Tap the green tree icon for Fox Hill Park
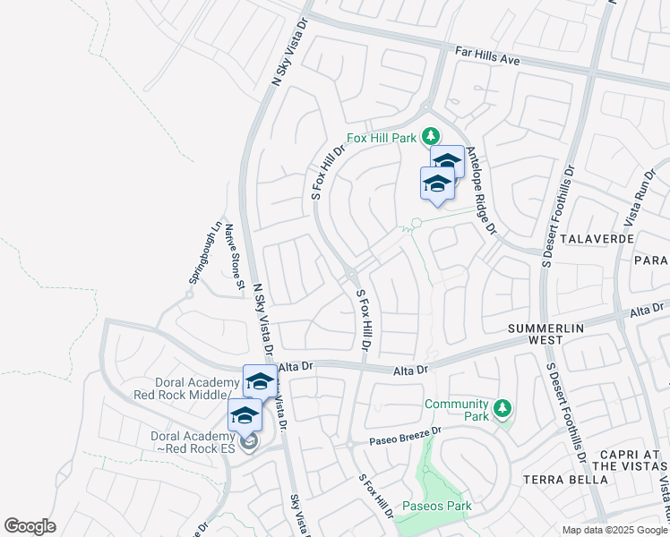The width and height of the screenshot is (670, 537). pyautogui.click(x=431, y=136)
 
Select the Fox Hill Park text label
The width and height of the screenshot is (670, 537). pyautogui.click(x=382, y=139)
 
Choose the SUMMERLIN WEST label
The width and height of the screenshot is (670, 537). pyautogui.click(x=546, y=335)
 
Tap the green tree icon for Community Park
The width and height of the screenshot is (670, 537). pyautogui.click(x=502, y=409)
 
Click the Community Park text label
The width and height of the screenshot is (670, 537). pyautogui.click(x=457, y=410)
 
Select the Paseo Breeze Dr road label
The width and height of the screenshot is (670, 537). pyautogui.click(x=407, y=433)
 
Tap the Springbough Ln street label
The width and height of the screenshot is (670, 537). pyautogui.click(x=203, y=253)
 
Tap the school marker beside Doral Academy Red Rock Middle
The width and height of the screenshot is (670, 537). pyautogui.click(x=260, y=381)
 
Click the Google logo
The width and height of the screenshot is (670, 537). pyautogui.click(x=30, y=526)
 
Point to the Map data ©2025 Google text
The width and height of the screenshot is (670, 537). pyautogui.click(x=614, y=530)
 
